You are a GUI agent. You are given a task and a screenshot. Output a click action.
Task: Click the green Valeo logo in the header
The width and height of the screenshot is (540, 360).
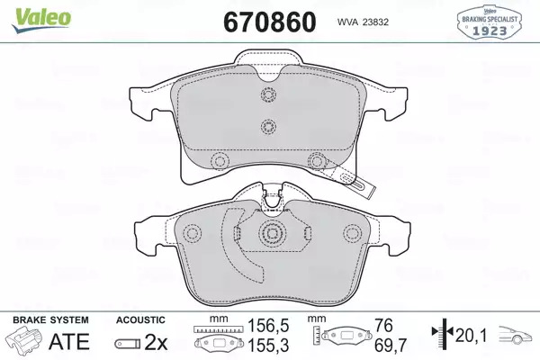[41, 20]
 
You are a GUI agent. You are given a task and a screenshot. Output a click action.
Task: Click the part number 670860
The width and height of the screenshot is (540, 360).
[270, 22]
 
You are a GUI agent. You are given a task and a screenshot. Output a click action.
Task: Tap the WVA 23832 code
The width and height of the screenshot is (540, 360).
[363, 22]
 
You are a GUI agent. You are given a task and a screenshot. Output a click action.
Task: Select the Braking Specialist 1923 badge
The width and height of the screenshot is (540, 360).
[490, 22]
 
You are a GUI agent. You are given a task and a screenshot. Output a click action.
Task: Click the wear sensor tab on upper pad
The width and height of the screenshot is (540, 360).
[357, 182]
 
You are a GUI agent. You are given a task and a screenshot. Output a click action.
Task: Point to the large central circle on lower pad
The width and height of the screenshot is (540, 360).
[272, 234]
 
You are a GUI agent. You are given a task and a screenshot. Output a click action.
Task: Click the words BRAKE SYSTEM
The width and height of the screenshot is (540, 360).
[50, 320]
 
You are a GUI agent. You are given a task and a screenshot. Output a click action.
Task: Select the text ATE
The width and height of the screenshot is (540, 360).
[69, 341]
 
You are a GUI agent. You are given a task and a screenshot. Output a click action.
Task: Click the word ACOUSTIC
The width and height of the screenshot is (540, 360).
[140, 320]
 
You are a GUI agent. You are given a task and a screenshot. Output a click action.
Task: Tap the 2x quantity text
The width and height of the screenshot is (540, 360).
[156, 342]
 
